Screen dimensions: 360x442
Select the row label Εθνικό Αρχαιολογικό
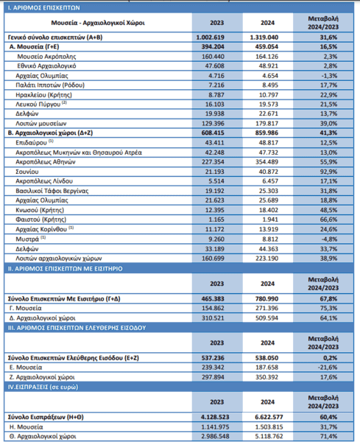(47, 66)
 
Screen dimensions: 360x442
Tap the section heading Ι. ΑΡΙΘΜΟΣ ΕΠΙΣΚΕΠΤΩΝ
(43, 7)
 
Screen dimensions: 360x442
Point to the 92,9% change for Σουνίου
(328, 172)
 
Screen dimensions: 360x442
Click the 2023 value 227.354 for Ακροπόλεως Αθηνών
(213, 162)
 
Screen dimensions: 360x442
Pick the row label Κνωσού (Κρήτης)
(40, 210)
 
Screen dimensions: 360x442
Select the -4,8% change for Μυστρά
(329, 239)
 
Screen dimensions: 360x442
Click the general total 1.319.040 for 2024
(264, 38)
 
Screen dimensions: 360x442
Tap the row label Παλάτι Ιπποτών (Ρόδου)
(50, 85)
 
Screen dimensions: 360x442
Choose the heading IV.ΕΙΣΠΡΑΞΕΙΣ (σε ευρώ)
(43, 387)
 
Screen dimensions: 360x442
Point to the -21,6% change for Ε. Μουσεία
(328, 368)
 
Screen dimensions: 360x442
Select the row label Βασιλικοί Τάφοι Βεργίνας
(52, 191)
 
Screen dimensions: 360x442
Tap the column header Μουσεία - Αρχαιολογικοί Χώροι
(98, 23)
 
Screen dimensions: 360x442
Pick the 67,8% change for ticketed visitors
(328, 299)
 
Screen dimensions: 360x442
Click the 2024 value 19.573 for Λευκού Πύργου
(269, 105)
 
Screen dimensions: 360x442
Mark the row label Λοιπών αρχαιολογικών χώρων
(59, 259)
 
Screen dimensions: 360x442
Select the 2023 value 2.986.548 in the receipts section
(216, 436)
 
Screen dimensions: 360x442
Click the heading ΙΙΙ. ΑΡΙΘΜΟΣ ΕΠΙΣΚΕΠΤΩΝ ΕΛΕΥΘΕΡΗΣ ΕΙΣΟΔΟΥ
(77, 328)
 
